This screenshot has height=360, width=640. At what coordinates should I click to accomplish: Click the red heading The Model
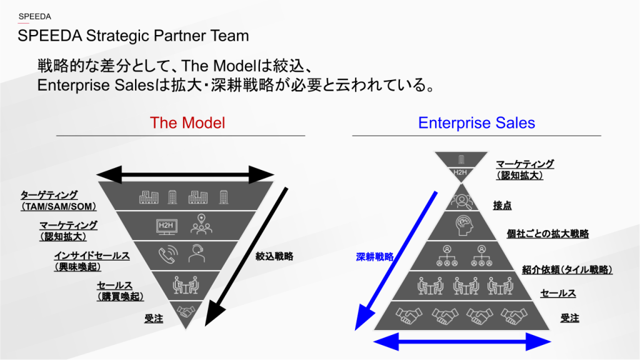(x=187, y=122)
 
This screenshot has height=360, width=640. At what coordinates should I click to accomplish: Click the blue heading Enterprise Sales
(x=476, y=122)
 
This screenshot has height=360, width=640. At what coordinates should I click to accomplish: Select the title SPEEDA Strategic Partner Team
(x=133, y=36)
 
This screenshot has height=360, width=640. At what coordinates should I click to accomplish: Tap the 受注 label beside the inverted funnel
(x=154, y=319)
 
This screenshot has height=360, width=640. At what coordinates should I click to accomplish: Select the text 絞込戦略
(x=275, y=256)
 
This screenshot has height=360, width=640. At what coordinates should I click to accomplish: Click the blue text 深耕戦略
(x=375, y=256)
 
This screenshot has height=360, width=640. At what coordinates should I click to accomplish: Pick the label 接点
(x=502, y=205)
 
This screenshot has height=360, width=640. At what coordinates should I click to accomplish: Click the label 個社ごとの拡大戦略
(x=547, y=234)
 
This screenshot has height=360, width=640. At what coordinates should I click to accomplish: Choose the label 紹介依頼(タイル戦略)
(x=567, y=270)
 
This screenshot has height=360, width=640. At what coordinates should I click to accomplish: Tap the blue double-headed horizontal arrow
(x=462, y=341)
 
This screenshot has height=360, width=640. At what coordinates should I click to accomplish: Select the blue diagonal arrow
(x=397, y=259)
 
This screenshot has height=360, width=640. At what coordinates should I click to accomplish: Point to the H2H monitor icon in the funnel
(x=167, y=226)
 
